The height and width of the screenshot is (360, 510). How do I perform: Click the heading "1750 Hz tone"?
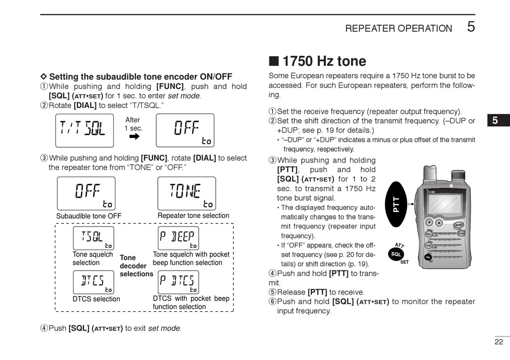click(x=324, y=61)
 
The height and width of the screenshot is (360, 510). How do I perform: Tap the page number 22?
click(x=499, y=342)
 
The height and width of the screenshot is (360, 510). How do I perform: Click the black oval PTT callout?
click(x=397, y=204)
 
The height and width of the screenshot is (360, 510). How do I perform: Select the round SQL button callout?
click(x=396, y=253)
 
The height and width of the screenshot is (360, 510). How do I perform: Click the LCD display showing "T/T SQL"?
click(x=85, y=130)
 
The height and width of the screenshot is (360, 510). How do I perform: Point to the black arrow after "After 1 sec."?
click(x=134, y=136)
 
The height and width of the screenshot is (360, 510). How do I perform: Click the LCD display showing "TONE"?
click(x=186, y=193)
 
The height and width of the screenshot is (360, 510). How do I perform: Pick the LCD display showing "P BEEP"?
click(x=179, y=238)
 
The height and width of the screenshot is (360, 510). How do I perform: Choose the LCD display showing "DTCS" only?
click(x=93, y=282)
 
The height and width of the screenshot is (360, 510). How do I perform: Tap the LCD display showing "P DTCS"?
click(x=179, y=282)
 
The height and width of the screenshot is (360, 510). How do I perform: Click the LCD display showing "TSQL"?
click(x=93, y=238)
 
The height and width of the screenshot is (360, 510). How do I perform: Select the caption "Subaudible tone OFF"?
click(x=89, y=216)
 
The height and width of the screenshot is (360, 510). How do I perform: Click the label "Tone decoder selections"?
click(x=136, y=266)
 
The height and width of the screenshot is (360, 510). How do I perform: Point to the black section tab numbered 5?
click(x=495, y=121)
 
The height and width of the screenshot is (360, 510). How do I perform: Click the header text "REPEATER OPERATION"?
click(x=398, y=28)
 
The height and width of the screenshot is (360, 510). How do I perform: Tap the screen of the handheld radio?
click(x=441, y=204)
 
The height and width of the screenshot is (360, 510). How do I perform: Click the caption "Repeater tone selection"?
click(x=193, y=216)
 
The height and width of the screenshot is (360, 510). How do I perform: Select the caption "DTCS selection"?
click(x=97, y=299)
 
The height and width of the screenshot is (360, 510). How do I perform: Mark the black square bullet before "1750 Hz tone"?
click(x=274, y=61)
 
